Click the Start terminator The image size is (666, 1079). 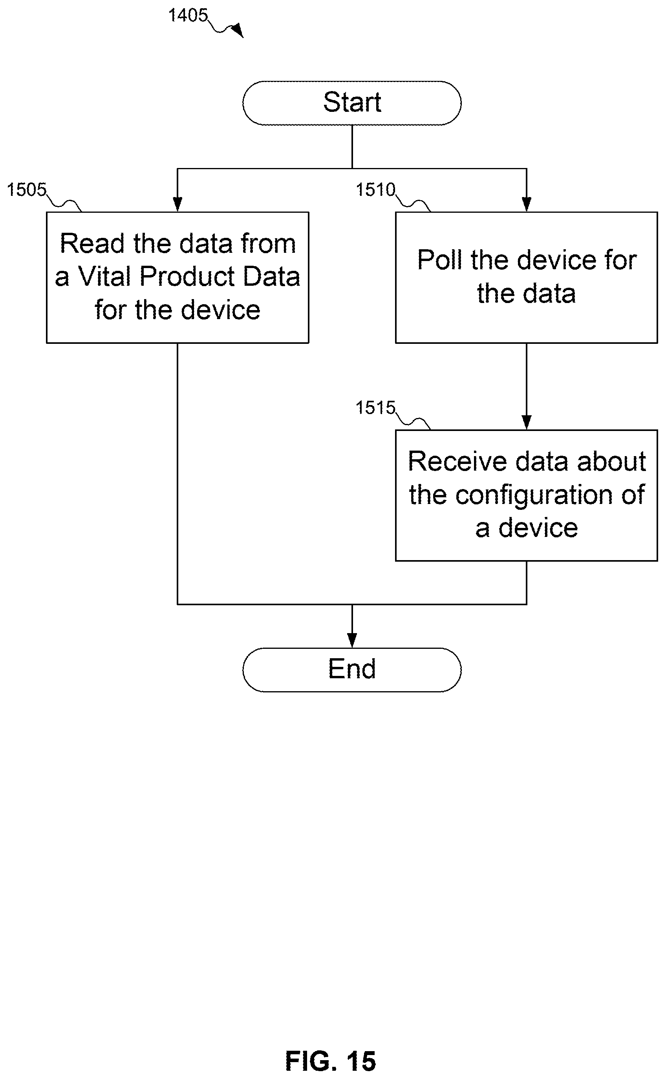coord(352,103)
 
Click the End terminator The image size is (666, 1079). coord(352,670)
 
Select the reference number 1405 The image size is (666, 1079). coord(188,16)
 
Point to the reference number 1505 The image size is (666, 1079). coord(26,190)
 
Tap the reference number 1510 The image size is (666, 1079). coord(375,190)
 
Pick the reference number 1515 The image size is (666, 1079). coord(375,408)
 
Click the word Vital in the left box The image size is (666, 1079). coord(105,276)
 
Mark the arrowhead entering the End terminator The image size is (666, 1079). coord(352,641)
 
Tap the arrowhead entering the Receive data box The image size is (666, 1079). coord(526,423)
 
